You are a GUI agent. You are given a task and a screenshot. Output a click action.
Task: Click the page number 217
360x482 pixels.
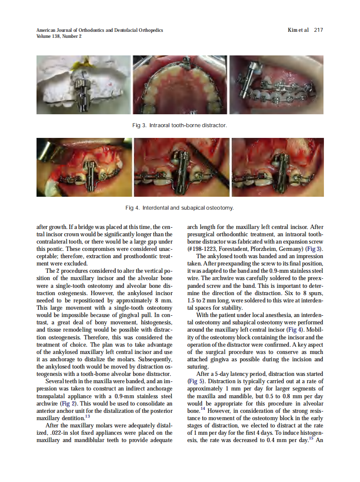tap(318, 30)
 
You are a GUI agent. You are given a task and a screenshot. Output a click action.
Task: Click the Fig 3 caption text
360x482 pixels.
tap(179, 125)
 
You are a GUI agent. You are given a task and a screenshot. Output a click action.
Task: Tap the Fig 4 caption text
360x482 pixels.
tap(180, 208)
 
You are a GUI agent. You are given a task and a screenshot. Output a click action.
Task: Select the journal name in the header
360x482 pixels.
tap(100, 30)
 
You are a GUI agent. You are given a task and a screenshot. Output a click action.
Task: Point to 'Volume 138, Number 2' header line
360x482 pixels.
tap(59, 36)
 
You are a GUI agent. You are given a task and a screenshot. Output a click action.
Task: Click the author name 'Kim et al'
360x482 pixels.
tap(298, 30)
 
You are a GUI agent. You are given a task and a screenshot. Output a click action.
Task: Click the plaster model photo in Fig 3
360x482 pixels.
tap(83, 85)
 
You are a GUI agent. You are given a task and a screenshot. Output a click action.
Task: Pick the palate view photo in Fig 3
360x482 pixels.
tap(180, 85)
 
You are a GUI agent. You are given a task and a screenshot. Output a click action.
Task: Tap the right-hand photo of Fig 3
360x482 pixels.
tap(276, 85)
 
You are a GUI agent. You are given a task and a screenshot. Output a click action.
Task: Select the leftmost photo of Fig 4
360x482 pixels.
tap(84, 167)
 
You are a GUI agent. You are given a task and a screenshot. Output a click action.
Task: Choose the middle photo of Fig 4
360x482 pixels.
tap(181, 167)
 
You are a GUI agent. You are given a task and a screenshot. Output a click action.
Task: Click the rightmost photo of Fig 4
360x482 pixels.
tap(278, 167)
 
